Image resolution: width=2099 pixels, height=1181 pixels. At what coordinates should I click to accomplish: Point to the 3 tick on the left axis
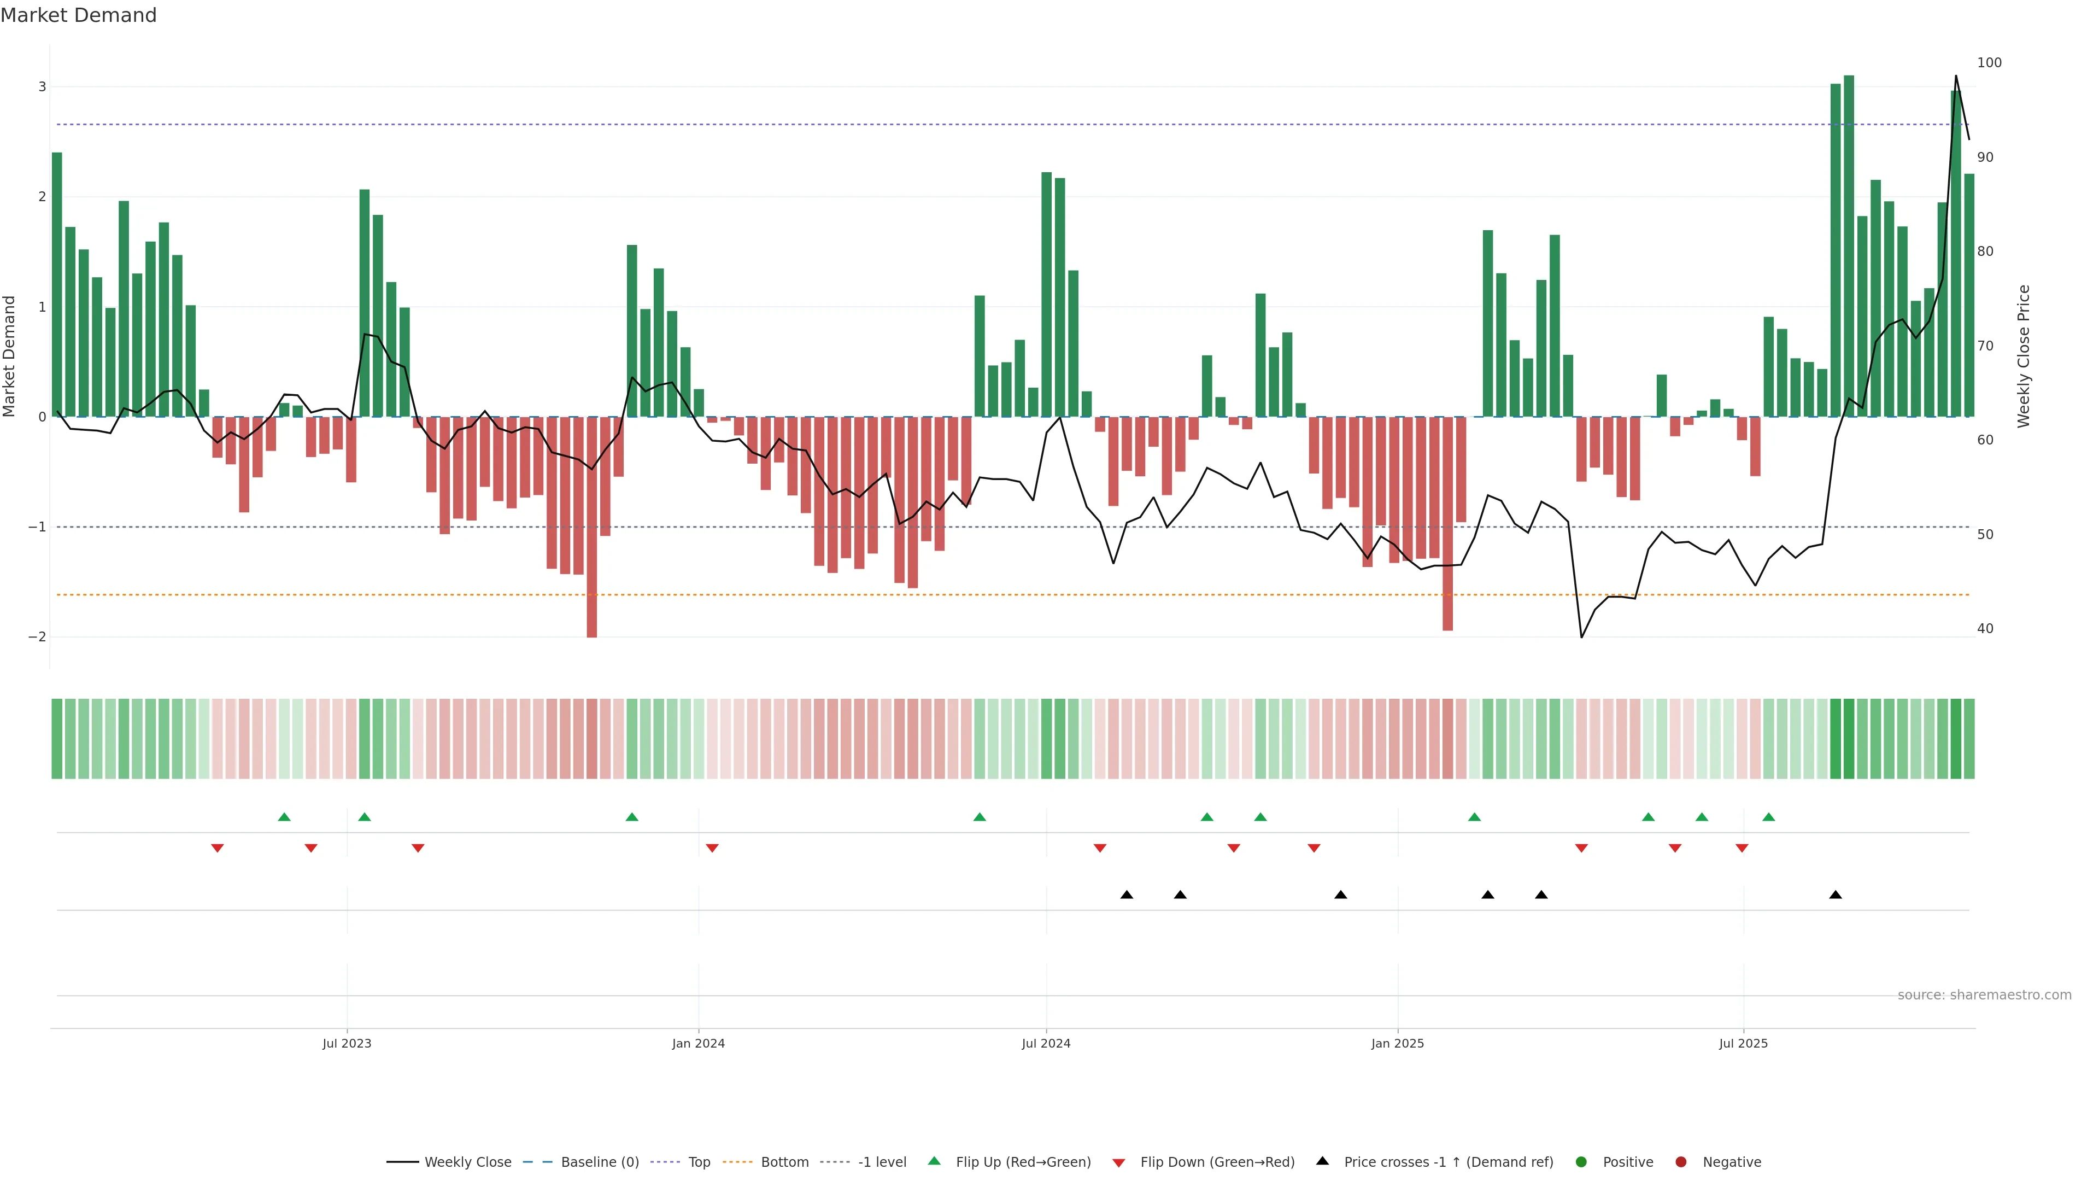[43, 86]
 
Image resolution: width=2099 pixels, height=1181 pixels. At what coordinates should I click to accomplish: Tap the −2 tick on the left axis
[38, 636]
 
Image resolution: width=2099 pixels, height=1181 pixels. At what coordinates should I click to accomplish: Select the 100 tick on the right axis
[1989, 63]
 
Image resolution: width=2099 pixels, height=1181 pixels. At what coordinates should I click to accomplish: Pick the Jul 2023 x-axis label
[347, 1043]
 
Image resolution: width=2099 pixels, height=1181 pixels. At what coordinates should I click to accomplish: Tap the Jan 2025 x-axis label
[1398, 1043]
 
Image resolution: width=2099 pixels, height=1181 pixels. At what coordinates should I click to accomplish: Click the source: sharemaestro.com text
[1984, 995]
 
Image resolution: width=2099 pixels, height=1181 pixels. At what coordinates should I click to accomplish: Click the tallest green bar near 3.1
[1849, 244]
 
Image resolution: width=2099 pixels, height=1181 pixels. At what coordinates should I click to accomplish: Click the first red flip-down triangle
[218, 849]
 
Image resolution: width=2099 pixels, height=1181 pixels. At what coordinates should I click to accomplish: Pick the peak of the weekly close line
[1956, 76]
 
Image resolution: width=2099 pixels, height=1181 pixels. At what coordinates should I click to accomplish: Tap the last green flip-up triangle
[1768, 817]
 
